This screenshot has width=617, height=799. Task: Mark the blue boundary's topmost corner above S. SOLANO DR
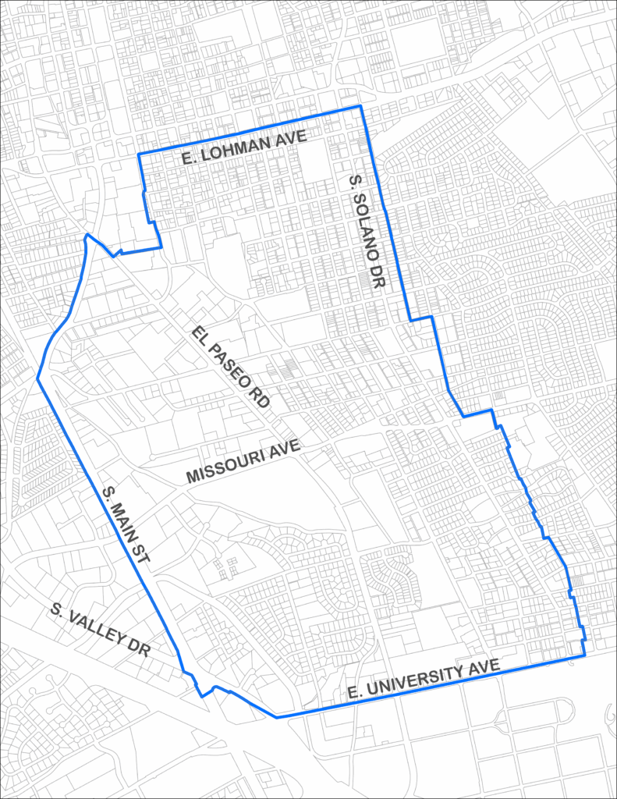360,106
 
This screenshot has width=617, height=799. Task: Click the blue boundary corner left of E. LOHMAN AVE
139,154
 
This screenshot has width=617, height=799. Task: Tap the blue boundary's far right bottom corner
584,656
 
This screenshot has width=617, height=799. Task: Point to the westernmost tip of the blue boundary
37,379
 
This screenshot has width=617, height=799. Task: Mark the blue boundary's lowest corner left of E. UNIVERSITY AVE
276,717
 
